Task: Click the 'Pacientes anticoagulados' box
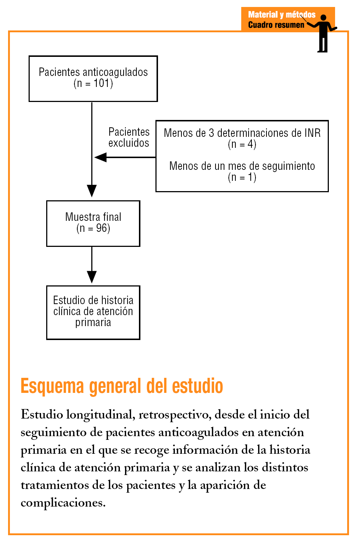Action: tap(93, 79)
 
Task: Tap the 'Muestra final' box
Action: tap(93, 223)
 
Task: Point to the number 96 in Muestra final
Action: tap(101, 228)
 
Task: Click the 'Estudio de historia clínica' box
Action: tap(93, 312)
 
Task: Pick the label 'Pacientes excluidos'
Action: tap(129, 137)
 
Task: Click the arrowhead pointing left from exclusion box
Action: tap(100, 157)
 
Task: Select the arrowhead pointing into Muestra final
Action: tap(92, 191)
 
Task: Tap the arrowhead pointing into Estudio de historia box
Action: tap(92, 277)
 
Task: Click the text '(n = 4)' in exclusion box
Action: tap(242, 144)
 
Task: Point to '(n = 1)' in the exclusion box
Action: tap(242, 178)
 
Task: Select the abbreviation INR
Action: tap(312, 133)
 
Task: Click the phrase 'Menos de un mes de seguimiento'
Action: tap(242, 166)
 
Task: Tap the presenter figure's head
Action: tap(323, 18)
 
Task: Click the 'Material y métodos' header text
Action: tap(282, 15)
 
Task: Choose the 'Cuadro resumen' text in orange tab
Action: tap(276, 25)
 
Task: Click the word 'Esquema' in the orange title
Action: tap(52, 386)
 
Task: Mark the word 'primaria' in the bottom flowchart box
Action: tap(93, 322)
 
